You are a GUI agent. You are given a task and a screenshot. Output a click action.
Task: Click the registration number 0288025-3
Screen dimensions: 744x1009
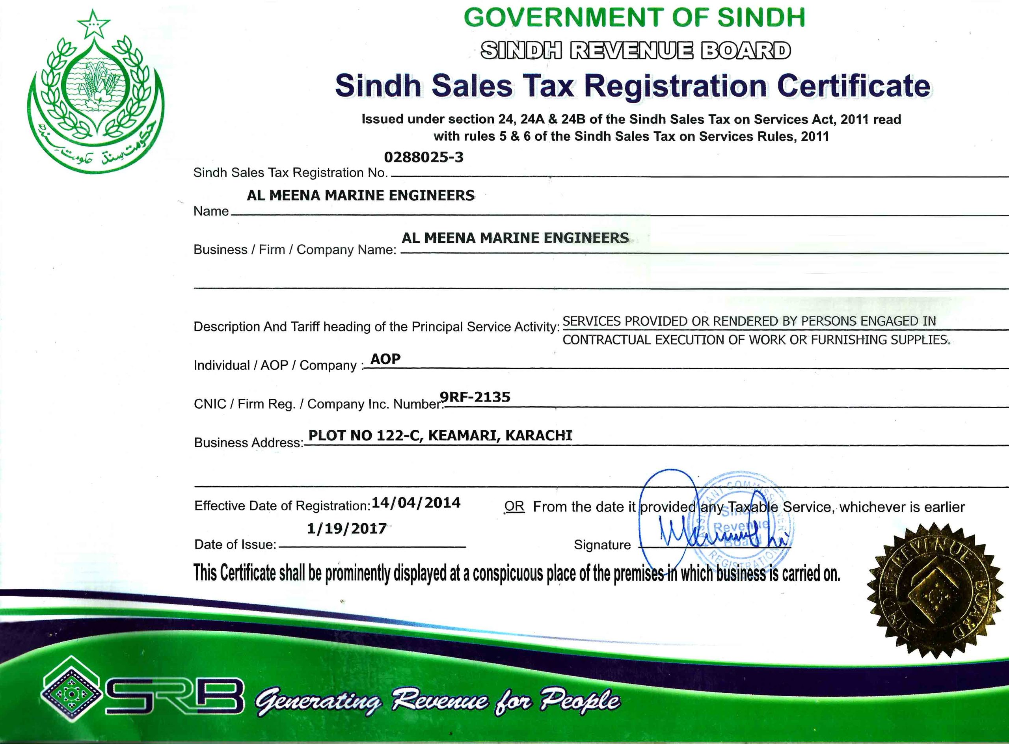pos(423,157)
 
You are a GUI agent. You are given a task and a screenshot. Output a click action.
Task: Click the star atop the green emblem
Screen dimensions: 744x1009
pos(93,24)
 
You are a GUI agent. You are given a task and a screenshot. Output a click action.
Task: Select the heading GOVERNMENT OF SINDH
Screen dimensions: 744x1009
pos(634,18)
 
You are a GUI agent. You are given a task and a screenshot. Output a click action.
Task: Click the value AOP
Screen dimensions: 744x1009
pos(385,359)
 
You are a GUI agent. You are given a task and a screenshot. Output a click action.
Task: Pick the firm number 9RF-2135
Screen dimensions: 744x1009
pos(475,397)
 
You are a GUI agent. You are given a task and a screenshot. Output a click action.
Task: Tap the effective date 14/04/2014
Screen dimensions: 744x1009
pos(416,502)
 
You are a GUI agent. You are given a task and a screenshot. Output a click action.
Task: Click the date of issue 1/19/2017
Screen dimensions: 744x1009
pos(347,528)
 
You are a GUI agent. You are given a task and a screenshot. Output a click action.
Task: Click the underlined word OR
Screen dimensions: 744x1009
pos(514,506)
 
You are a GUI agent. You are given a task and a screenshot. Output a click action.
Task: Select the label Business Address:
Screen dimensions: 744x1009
pos(249,443)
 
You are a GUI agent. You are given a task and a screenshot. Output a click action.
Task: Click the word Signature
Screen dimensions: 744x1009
pos(602,545)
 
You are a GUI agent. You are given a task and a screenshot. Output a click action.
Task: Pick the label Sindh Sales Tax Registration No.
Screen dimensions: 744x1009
pos(290,173)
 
